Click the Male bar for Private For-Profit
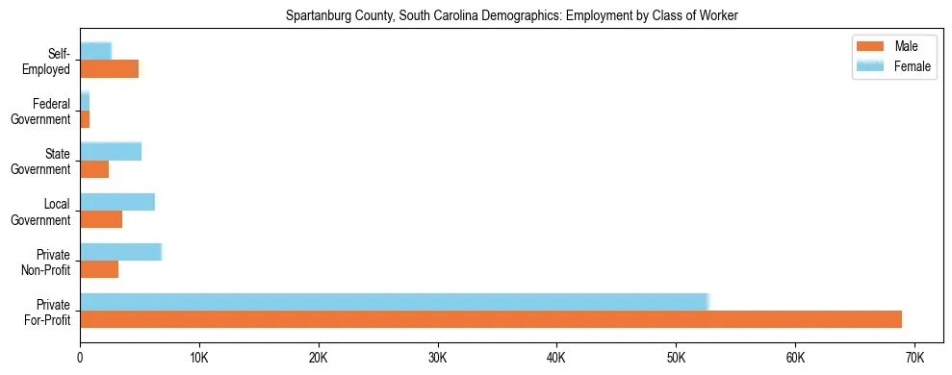coord(491,319)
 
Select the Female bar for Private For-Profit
coord(394,302)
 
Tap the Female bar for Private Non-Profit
coord(120,252)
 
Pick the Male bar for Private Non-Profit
coord(99,269)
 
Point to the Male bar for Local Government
coord(101,219)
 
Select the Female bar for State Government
coord(111,151)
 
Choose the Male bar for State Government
coord(94,169)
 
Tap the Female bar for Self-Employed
coord(95,51)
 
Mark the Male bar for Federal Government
coord(85,119)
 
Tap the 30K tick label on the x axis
coord(437,358)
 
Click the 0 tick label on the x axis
coord(80,358)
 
